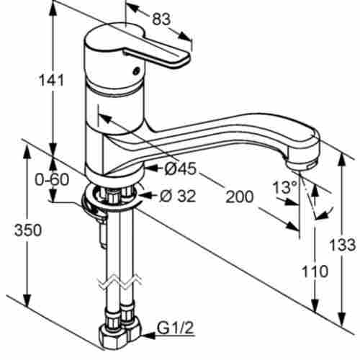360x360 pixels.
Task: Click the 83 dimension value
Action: (x=161, y=19)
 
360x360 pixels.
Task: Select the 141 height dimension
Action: (x=51, y=80)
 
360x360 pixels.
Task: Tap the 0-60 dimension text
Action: (x=52, y=179)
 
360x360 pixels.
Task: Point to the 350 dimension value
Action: (x=28, y=230)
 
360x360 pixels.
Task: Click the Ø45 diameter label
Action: (x=180, y=168)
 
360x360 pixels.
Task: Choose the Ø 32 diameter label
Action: (x=178, y=196)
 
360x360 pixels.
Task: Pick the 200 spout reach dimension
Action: (x=240, y=197)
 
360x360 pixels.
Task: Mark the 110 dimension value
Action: (x=315, y=271)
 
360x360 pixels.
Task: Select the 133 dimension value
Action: (x=343, y=245)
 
